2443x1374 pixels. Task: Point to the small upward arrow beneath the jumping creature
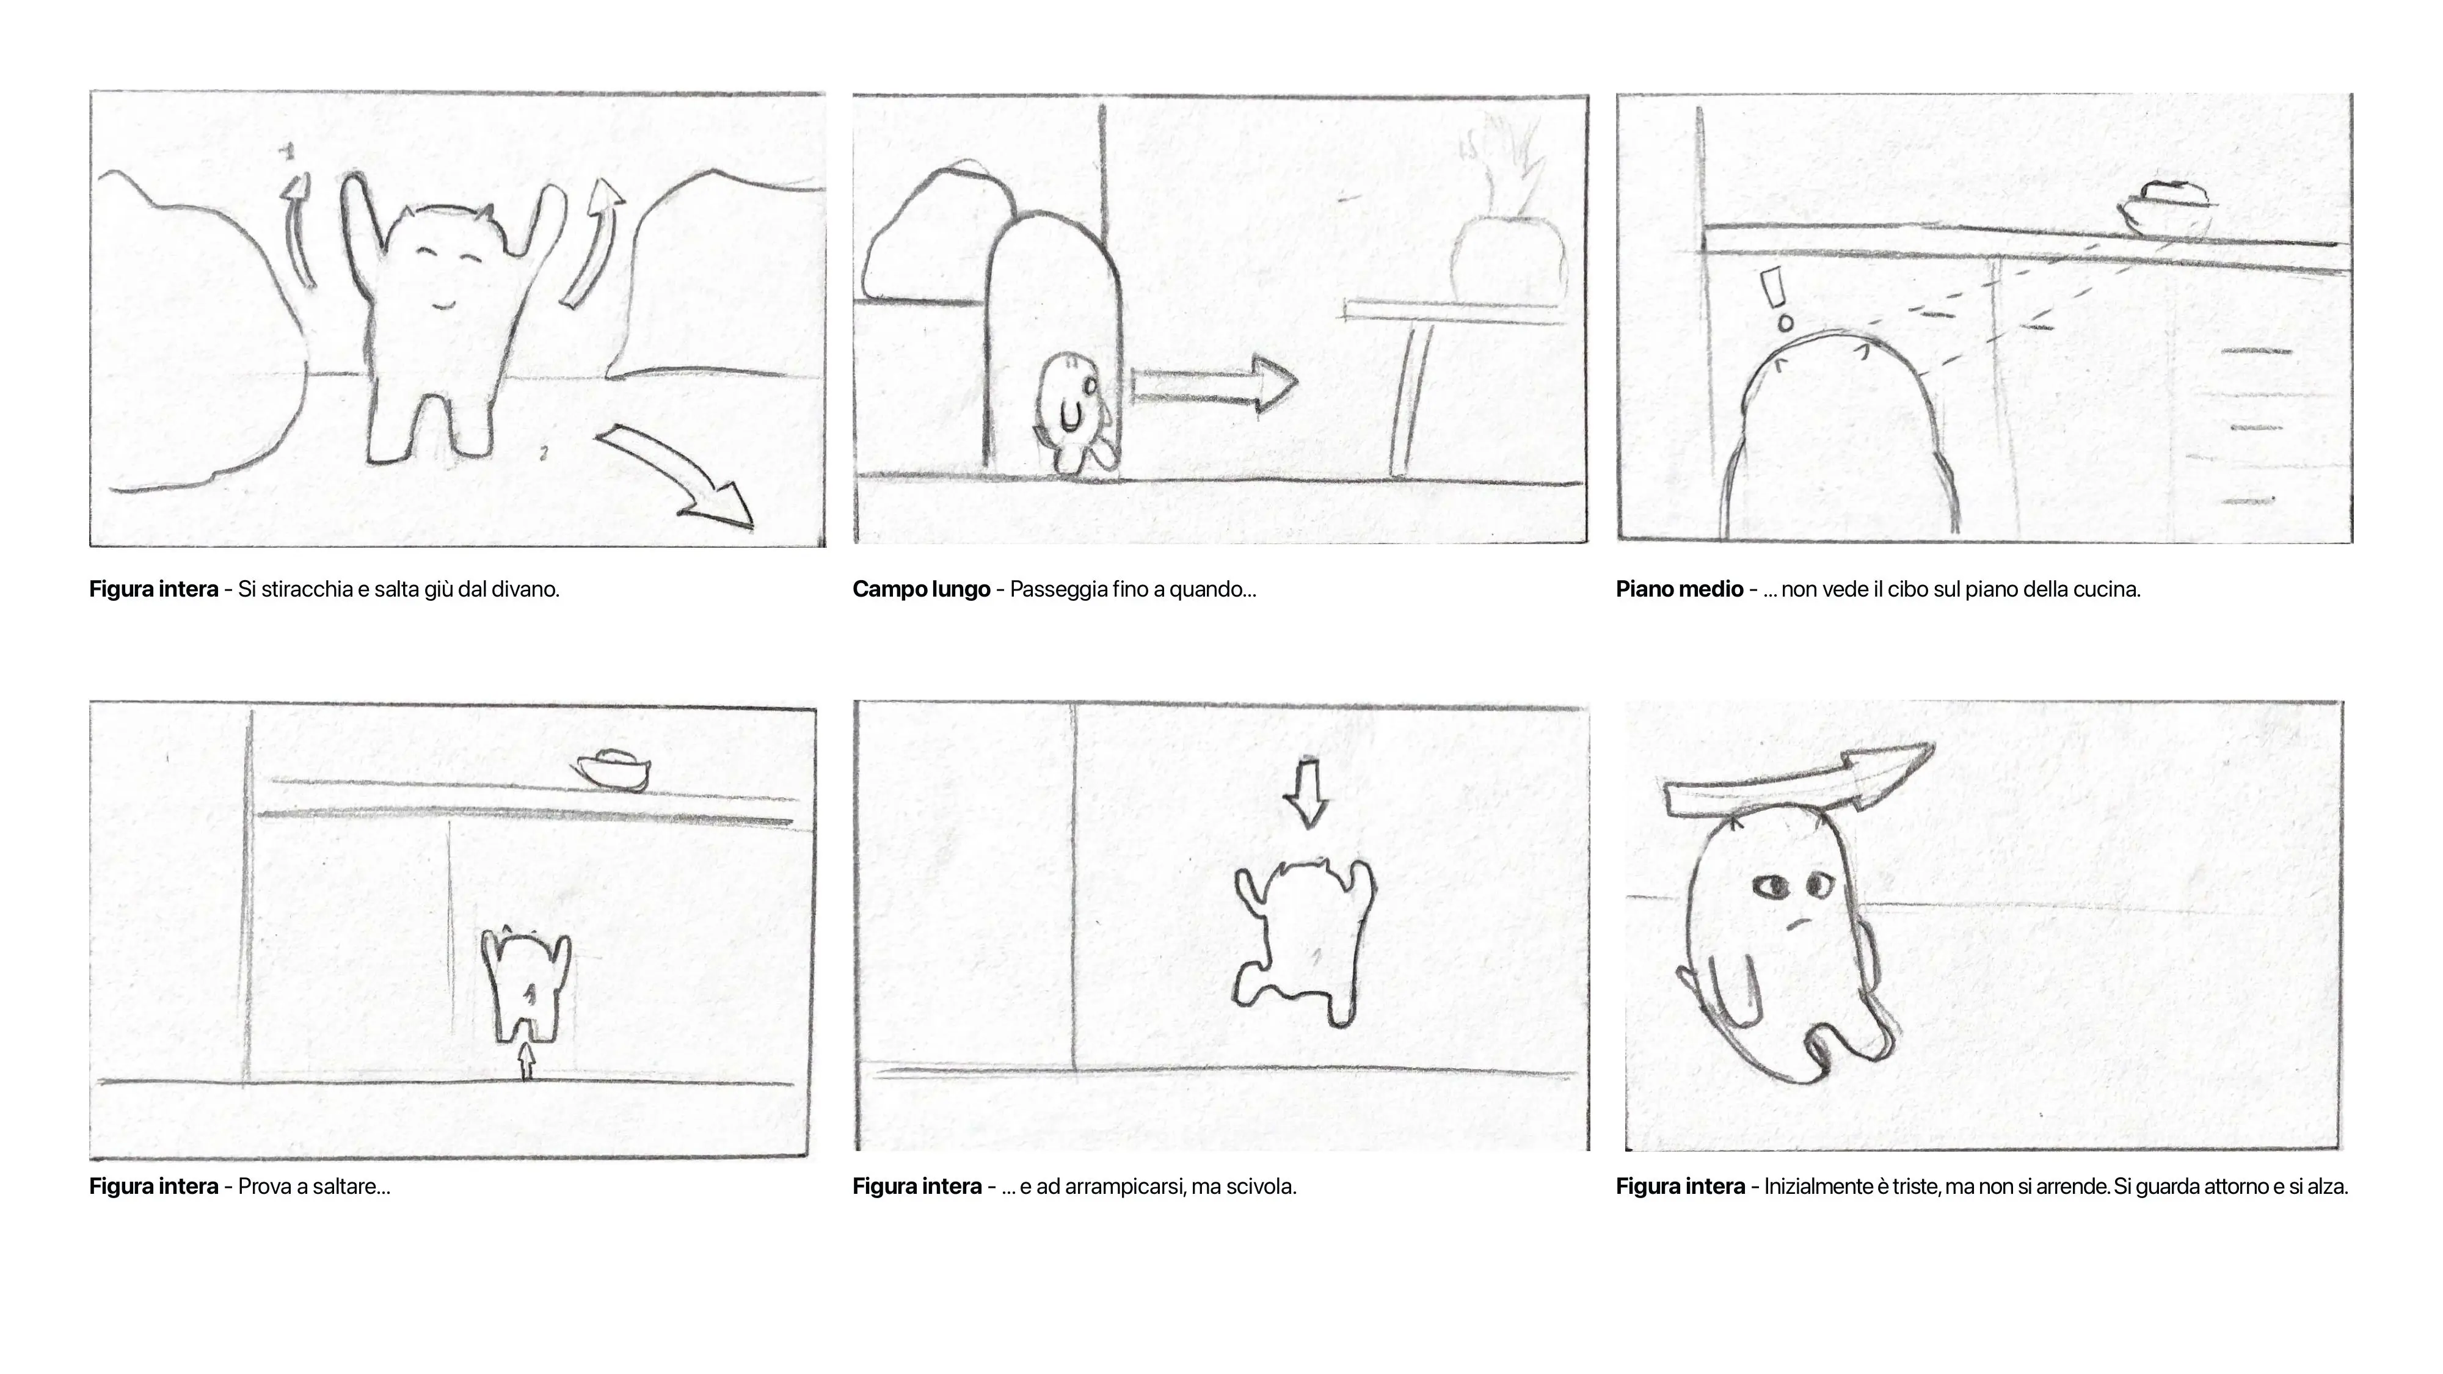point(527,1060)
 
